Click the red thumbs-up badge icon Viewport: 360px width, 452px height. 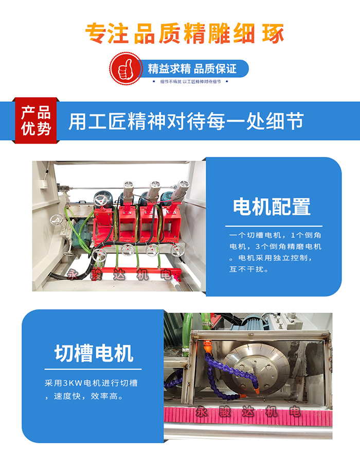(x=126, y=68)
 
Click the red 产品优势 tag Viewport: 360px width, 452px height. (x=35, y=120)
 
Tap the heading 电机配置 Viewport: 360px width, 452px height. (x=272, y=206)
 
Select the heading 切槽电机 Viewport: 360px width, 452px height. (x=94, y=353)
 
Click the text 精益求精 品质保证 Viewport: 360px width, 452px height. (x=192, y=68)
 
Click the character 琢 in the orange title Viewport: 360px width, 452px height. (x=273, y=33)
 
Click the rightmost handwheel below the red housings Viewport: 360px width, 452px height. (x=177, y=249)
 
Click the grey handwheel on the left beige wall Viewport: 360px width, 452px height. (x=57, y=220)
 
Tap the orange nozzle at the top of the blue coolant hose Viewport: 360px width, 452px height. (x=207, y=346)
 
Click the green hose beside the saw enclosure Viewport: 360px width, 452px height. (x=188, y=332)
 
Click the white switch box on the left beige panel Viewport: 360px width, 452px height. (x=44, y=184)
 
